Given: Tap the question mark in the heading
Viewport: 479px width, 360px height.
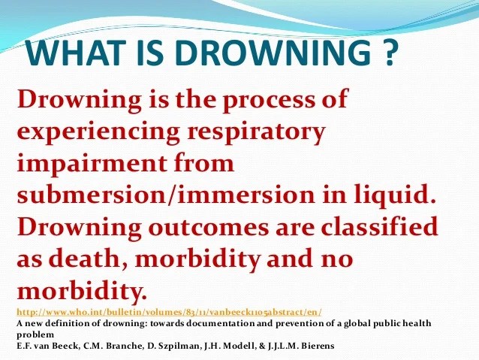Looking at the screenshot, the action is (389, 52).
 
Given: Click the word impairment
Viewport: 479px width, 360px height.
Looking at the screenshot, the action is (92, 164).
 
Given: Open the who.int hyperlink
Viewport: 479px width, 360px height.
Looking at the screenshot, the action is (169, 313).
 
